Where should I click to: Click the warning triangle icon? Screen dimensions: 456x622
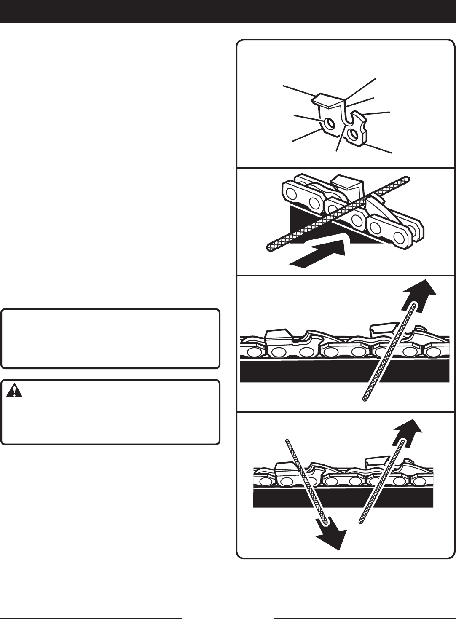tap(15, 391)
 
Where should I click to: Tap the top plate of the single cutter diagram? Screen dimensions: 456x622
tap(327, 99)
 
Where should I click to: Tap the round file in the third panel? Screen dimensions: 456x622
tap(390, 349)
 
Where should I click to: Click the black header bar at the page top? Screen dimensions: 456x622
tap(228, 11)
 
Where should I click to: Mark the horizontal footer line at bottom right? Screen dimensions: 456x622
tap(365, 618)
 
